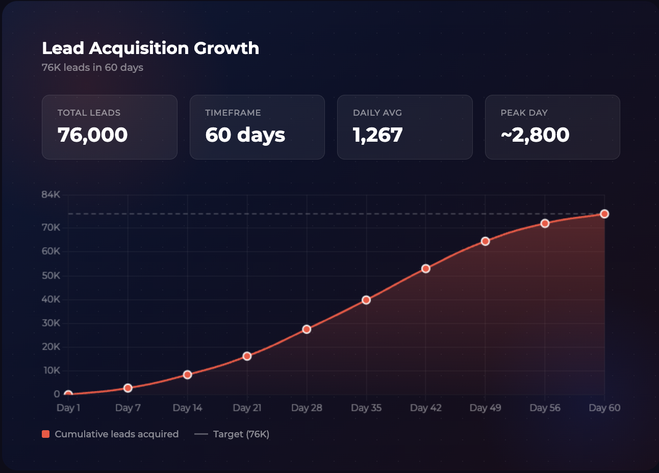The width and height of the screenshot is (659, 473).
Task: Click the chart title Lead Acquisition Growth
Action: [150, 48]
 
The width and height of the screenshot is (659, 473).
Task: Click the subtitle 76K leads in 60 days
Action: [92, 67]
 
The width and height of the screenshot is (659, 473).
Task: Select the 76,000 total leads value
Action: [92, 135]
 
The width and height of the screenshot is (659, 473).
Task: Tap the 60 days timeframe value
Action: [245, 135]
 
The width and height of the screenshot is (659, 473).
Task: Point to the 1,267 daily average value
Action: [377, 135]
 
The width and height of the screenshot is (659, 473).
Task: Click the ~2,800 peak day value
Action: [535, 135]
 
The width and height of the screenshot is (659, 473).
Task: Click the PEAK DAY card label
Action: [524, 113]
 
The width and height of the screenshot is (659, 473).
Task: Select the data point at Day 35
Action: [366, 300]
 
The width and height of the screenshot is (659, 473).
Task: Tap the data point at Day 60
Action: [604, 214]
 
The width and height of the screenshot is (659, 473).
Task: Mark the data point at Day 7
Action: [128, 388]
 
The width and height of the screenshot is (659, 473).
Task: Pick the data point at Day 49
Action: [486, 241]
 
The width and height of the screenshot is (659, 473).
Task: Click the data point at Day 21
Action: [247, 356]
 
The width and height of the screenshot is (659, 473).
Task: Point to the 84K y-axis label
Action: [51, 195]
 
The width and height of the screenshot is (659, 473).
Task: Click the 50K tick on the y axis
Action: [51, 276]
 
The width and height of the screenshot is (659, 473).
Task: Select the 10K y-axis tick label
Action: [51, 371]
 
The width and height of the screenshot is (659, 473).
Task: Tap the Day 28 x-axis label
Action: [307, 408]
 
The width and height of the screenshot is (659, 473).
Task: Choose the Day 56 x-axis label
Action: [545, 408]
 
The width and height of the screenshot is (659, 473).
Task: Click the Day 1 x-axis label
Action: [68, 408]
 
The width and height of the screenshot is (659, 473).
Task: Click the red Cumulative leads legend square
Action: [46, 434]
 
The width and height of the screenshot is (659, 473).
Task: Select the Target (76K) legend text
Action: [241, 434]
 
